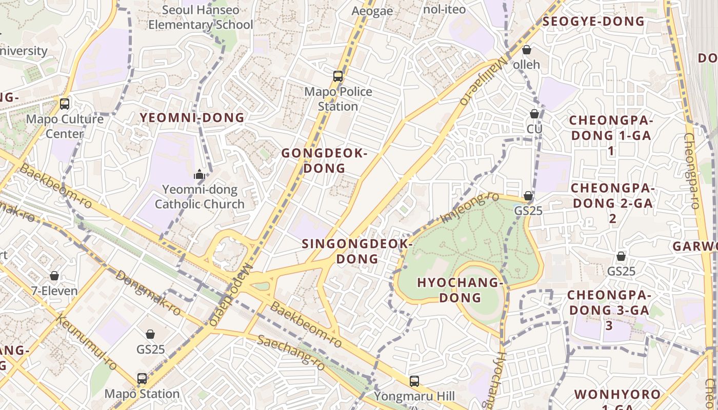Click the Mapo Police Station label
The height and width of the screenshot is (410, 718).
point(338,99)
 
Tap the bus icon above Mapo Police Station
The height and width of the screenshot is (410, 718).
point(338,76)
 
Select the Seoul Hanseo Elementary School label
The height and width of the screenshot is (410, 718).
point(201,17)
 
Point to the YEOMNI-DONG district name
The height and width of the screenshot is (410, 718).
point(192,118)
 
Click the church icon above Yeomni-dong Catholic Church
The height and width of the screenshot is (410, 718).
point(200,174)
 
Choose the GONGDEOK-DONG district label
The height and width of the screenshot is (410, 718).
point(325,160)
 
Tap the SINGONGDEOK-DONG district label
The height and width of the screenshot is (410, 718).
point(357,251)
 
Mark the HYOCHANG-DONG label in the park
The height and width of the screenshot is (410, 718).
point(460,290)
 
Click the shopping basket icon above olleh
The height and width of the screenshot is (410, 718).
point(527,50)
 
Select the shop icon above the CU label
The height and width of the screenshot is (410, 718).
point(534,113)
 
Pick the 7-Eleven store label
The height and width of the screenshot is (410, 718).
point(54,291)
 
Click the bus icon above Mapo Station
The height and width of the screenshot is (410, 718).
point(142,379)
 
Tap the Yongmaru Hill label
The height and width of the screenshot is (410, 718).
point(414,396)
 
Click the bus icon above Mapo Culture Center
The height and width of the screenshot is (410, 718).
point(65,104)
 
